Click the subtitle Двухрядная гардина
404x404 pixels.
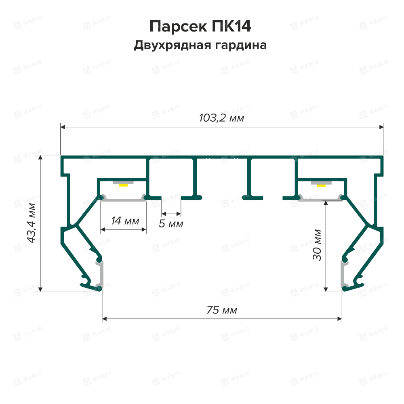coord(200,45)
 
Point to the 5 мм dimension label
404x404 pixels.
coord(171,223)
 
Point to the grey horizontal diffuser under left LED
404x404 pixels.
coord(123,200)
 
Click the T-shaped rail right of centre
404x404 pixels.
coord(250,178)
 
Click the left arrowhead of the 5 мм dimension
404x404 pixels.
coord(163,213)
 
